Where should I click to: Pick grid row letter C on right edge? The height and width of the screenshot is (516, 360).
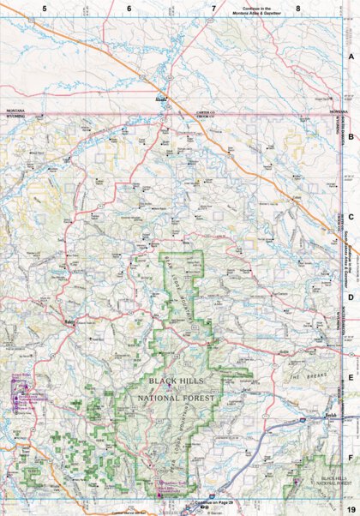click(x=351, y=217)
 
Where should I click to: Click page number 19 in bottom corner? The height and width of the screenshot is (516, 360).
click(x=350, y=510)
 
